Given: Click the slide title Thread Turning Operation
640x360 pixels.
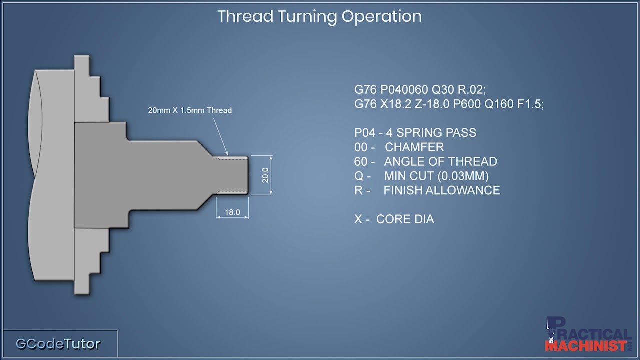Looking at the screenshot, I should (x=319, y=16).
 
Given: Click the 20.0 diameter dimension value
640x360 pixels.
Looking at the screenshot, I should (x=265, y=175).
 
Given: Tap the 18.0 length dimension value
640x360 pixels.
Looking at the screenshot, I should (x=232, y=212).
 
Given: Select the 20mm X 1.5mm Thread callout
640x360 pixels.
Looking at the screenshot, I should (x=190, y=110).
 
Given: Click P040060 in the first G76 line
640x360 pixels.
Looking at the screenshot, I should (x=404, y=90).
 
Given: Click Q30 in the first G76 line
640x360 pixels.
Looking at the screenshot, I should (x=441, y=90).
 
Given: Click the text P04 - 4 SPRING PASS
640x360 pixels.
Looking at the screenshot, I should (x=415, y=133).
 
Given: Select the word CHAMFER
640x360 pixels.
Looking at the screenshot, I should (x=414, y=147).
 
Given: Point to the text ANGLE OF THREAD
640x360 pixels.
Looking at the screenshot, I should (x=440, y=162).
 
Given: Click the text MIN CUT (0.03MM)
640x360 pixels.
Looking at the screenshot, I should (x=436, y=176).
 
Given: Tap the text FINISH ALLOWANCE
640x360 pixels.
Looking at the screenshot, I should (x=442, y=190).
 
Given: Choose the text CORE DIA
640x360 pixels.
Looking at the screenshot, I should (x=405, y=219).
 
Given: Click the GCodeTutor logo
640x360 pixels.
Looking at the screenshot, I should (x=58, y=344).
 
